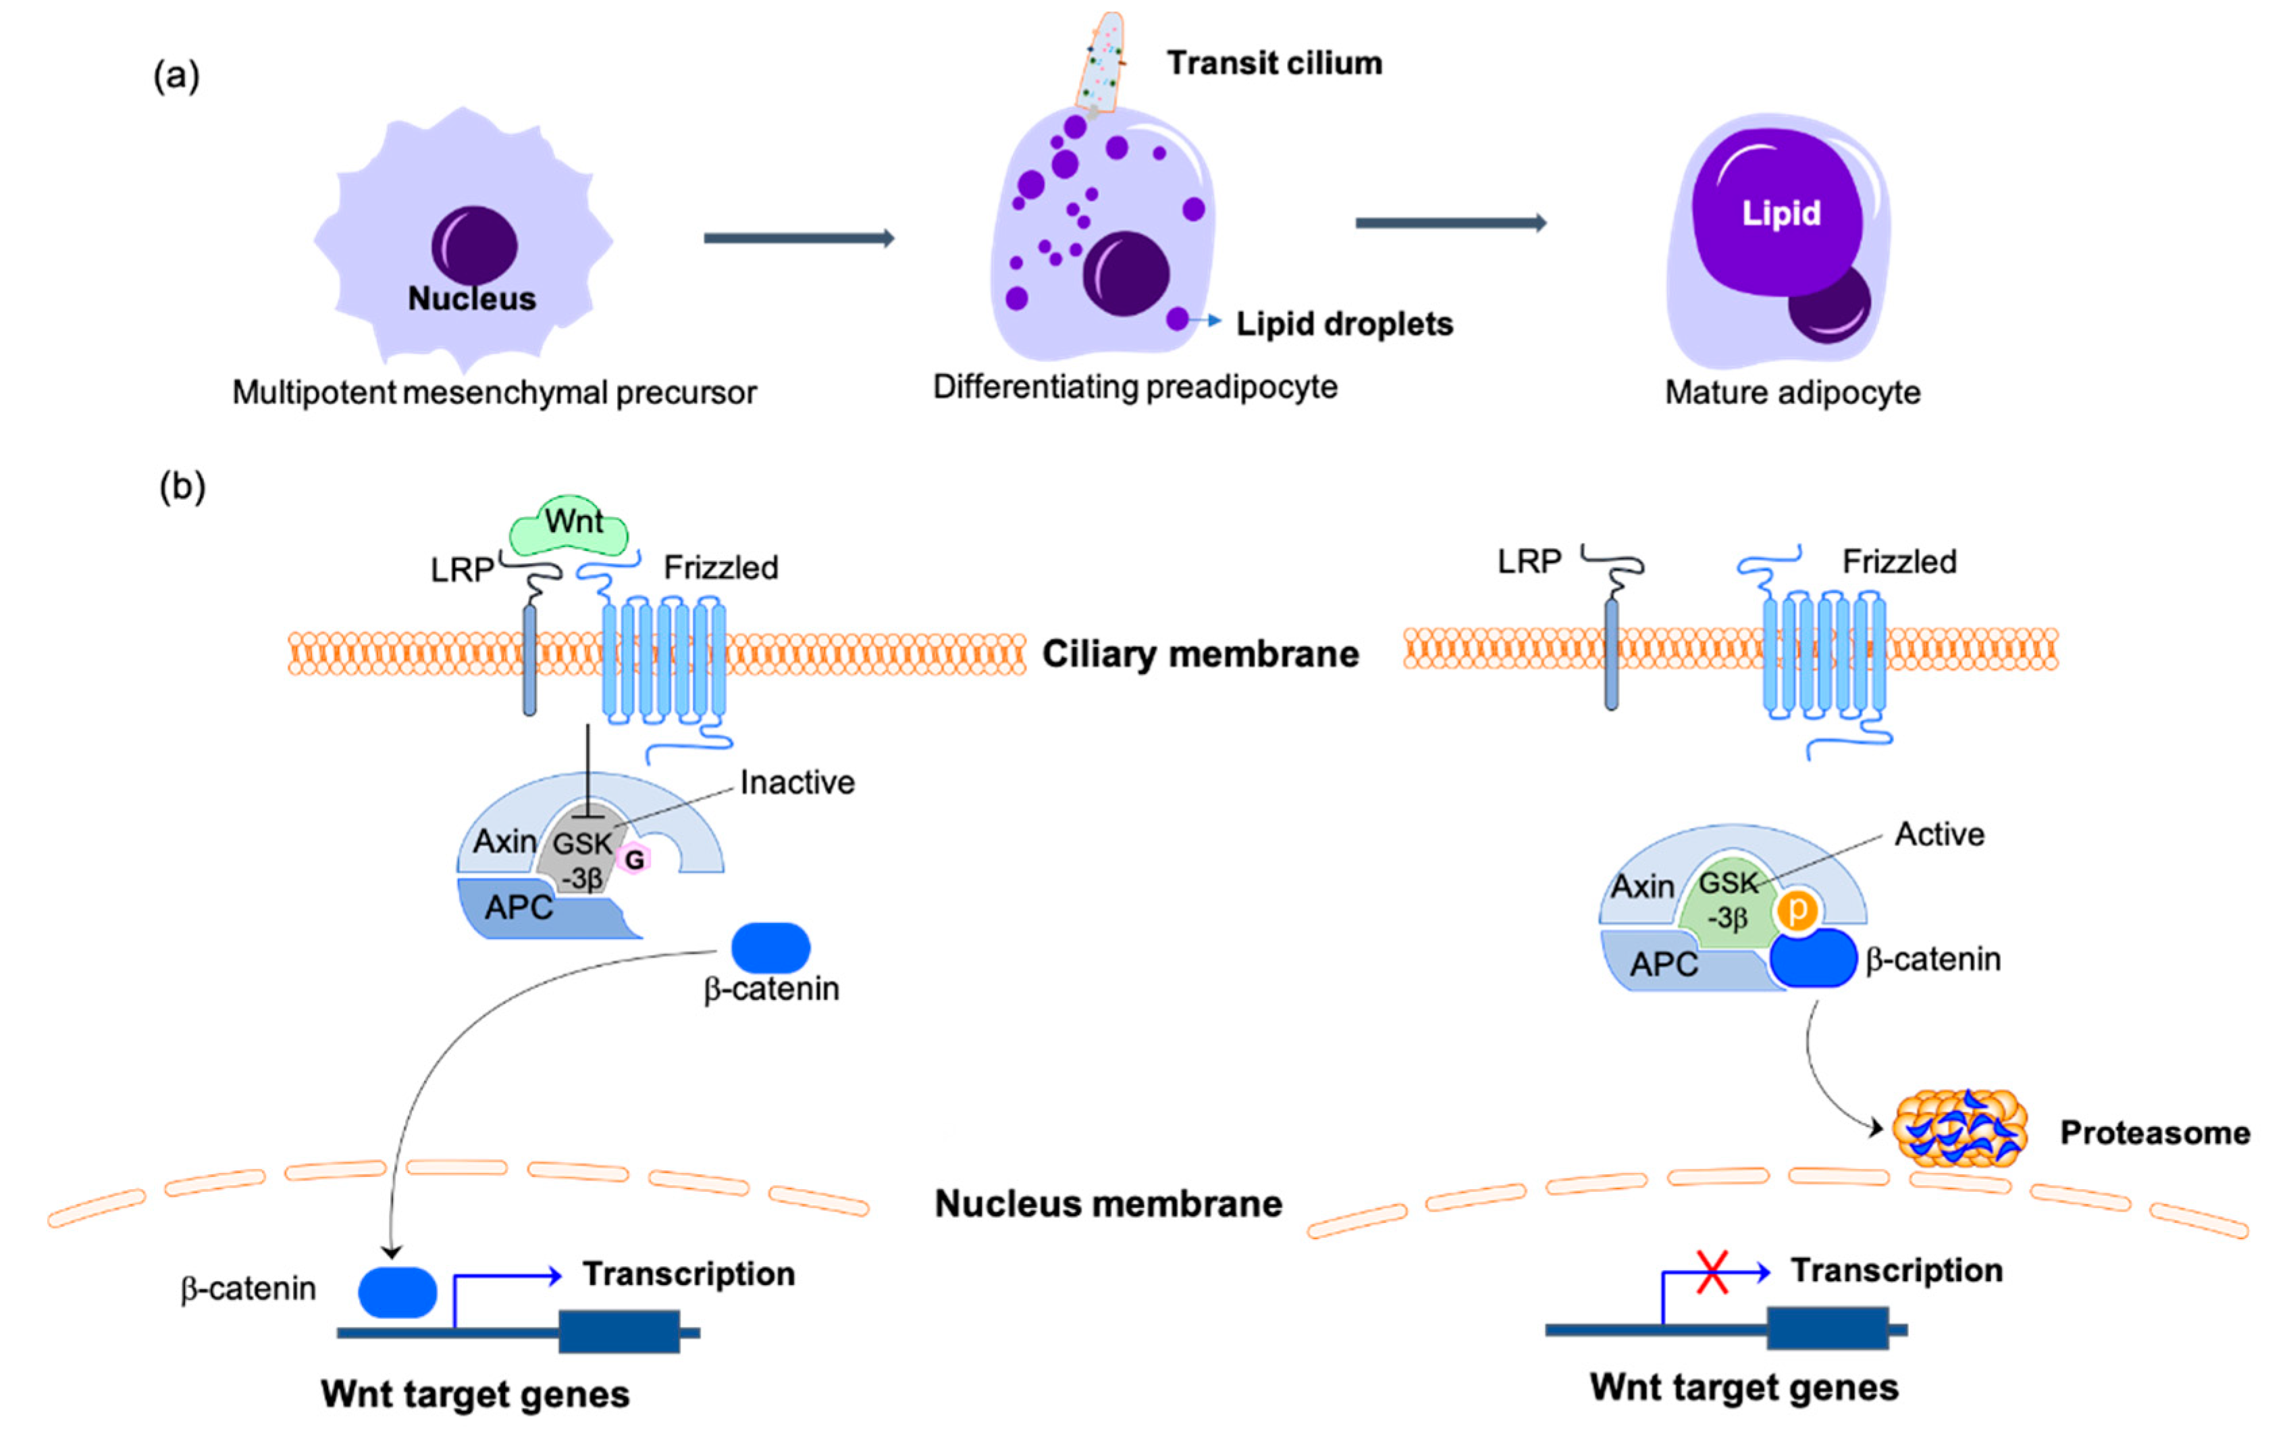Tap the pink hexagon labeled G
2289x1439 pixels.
pyautogui.click(x=634, y=859)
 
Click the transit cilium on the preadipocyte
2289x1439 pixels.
pyautogui.click(x=1101, y=61)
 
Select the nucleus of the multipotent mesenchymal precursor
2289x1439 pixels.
pyautogui.click(x=474, y=244)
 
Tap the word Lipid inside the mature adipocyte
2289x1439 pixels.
pyautogui.click(x=1781, y=213)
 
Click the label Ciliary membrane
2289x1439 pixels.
pyautogui.click(x=1200, y=654)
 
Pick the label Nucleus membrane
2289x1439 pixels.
pyautogui.click(x=1109, y=1203)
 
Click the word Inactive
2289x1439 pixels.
pyautogui.click(x=797, y=782)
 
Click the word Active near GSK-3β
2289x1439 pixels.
pyautogui.click(x=1939, y=833)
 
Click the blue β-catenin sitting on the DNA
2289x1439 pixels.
pyautogui.click(x=397, y=1292)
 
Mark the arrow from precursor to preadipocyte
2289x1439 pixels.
pyautogui.click(x=799, y=238)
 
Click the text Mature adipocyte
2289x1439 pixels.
pyautogui.click(x=1792, y=392)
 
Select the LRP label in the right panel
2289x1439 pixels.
pyautogui.click(x=1529, y=562)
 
